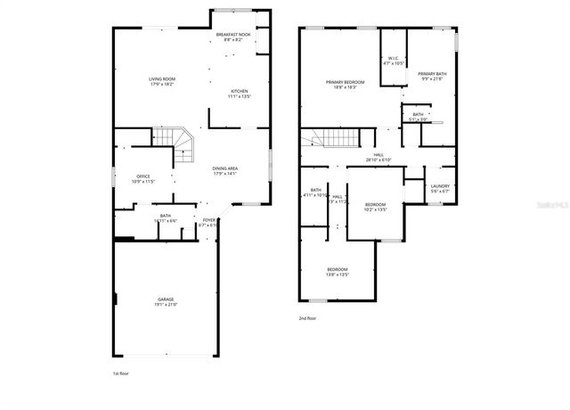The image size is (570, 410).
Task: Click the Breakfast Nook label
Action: click(x=233, y=34)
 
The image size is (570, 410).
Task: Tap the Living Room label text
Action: click(x=161, y=79)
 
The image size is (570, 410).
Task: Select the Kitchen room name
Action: click(x=240, y=92)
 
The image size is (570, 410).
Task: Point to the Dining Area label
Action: click(x=224, y=168)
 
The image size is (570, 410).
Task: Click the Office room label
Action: click(x=143, y=176)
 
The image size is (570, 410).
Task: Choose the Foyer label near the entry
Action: click(x=208, y=219)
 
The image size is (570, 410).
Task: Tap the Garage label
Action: click(x=166, y=299)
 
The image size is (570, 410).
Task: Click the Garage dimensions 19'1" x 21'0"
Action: click(x=166, y=305)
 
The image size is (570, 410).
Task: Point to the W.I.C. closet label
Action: click(x=394, y=60)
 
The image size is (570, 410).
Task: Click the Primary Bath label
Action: click(x=432, y=74)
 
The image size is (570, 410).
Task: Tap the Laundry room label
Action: click(x=440, y=186)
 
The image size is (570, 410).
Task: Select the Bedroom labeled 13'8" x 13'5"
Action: click(x=337, y=269)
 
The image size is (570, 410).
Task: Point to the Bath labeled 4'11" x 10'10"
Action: click(x=316, y=190)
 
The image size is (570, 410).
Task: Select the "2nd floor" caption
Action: click(x=307, y=317)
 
